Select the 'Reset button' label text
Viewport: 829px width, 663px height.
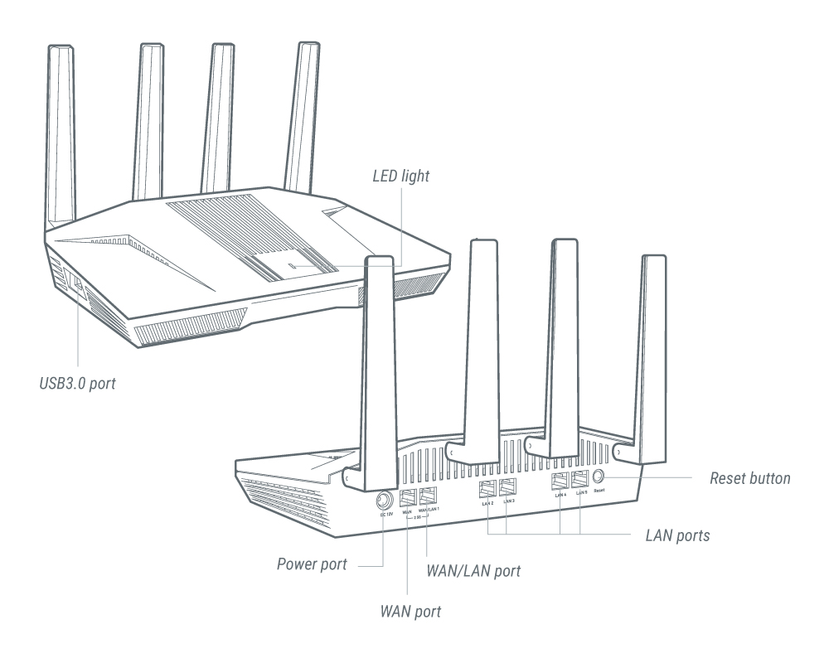(x=751, y=478)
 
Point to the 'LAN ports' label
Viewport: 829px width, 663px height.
(x=676, y=535)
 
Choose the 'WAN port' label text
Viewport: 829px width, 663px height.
(x=410, y=612)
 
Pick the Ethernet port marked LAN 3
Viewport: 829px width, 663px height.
(x=509, y=488)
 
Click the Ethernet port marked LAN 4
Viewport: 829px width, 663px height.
(x=560, y=480)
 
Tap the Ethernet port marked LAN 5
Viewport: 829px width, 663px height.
(x=581, y=479)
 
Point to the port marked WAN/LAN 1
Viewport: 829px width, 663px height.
(x=429, y=496)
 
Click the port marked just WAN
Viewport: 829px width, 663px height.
(x=408, y=497)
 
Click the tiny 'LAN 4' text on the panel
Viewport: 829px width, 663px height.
(x=560, y=495)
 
